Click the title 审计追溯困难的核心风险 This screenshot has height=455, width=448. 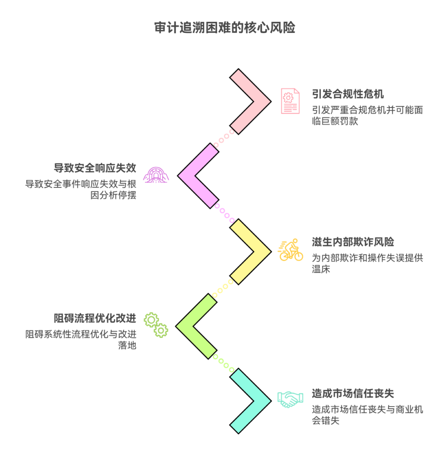point(224,28)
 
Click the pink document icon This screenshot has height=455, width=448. point(290,101)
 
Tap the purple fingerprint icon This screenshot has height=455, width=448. point(156,175)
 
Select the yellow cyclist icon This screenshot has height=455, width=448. point(291,250)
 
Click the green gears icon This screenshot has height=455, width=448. point(156,324)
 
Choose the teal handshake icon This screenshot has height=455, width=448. point(290,399)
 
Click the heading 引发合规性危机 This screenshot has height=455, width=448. point(348,94)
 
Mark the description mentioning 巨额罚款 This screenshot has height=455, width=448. point(367,116)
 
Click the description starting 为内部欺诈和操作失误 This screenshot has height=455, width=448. point(367,263)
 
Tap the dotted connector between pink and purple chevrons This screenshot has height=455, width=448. point(224,138)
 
